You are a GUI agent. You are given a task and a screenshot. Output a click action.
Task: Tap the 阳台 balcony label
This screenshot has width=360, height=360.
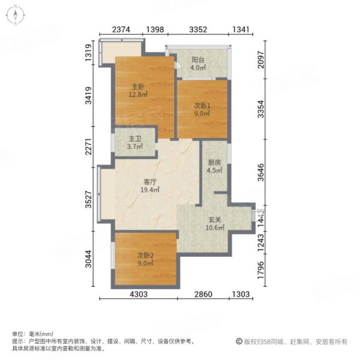199,60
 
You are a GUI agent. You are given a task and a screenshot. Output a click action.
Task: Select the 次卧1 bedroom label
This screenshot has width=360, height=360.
201,104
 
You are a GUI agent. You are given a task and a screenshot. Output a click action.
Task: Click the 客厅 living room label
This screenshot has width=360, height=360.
150,182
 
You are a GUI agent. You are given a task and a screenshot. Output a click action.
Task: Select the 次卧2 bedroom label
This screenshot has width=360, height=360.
145,255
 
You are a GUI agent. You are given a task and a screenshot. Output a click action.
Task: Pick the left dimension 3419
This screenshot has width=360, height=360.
88,97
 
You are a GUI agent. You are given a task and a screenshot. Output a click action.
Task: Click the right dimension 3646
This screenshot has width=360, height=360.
260,171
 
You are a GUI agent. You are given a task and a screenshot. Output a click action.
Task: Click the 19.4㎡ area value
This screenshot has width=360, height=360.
150,190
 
